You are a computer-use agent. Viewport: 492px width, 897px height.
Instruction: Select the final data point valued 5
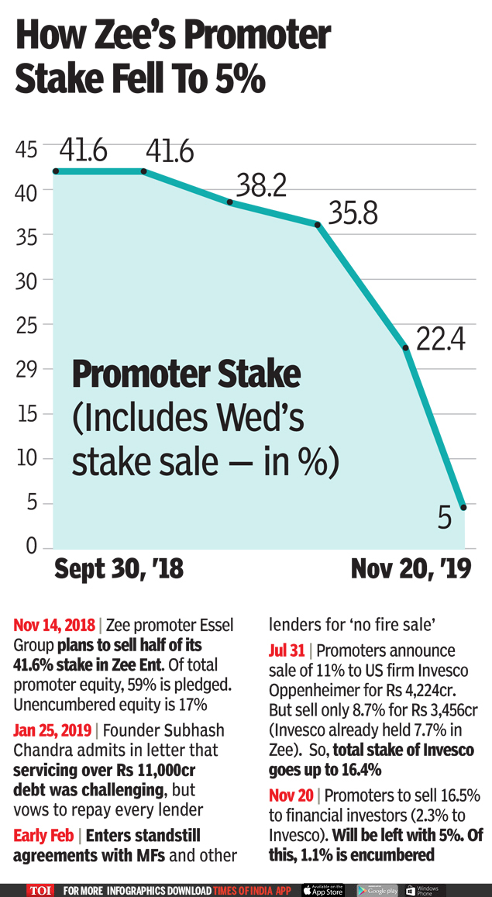pyautogui.click(x=463, y=507)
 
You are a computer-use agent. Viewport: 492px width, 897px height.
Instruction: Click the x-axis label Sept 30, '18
pyautogui.click(x=119, y=570)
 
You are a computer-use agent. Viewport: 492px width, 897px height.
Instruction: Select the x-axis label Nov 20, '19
pyautogui.click(x=411, y=570)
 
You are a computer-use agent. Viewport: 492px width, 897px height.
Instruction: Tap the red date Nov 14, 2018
pyautogui.click(x=54, y=625)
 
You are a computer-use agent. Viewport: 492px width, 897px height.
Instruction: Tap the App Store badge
pyautogui.click(x=322, y=890)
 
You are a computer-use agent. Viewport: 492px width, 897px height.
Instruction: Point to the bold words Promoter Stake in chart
pyautogui.click(x=186, y=374)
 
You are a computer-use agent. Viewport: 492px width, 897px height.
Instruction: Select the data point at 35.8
pyautogui.click(x=317, y=225)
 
